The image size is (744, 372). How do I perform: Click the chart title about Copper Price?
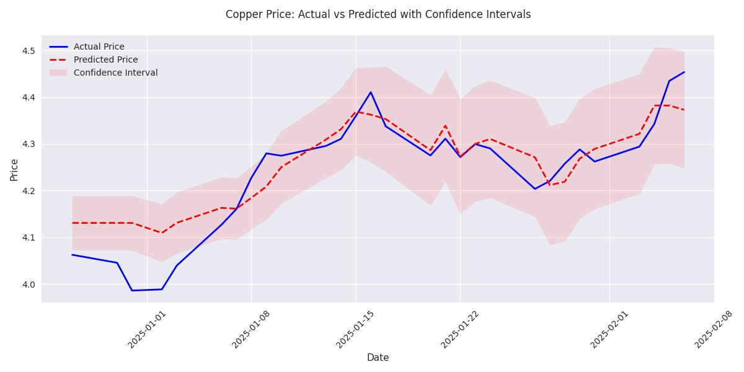[x=378, y=14]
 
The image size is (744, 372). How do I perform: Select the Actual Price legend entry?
[x=99, y=47]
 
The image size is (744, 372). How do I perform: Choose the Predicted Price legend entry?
[x=105, y=60]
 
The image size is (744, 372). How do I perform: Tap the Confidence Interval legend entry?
[x=115, y=73]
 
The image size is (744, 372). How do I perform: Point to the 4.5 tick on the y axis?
[x=29, y=51]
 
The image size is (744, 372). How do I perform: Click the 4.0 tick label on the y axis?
[x=29, y=285]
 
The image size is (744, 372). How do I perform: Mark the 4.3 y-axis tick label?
[x=29, y=144]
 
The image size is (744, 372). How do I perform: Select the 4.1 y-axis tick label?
[x=29, y=238]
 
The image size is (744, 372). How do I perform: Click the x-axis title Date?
[x=378, y=358]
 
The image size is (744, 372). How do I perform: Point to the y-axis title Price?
[x=14, y=169]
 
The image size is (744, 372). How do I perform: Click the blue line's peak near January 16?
[x=371, y=92]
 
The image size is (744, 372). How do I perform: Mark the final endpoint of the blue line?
[x=684, y=72]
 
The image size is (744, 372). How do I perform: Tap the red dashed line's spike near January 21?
[x=445, y=126]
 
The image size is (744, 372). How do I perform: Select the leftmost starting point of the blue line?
[x=72, y=254]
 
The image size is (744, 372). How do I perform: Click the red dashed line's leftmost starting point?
[x=72, y=223]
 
